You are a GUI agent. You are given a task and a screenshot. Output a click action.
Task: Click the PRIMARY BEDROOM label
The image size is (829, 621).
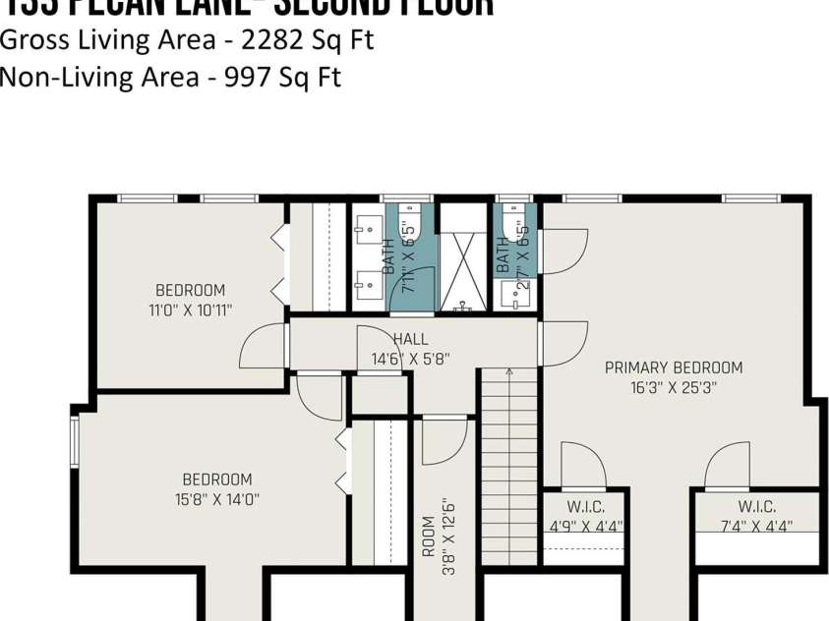pyautogui.click(x=674, y=367)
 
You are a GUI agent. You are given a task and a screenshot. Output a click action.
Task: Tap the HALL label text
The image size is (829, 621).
pyautogui.click(x=410, y=339)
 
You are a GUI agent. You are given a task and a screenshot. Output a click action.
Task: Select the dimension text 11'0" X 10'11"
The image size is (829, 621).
pyautogui.click(x=190, y=310)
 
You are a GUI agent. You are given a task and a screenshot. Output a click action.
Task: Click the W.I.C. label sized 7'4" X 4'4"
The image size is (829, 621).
pyautogui.click(x=756, y=507)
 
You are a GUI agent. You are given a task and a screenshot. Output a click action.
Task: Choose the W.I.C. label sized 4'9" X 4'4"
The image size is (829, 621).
pyautogui.click(x=585, y=507)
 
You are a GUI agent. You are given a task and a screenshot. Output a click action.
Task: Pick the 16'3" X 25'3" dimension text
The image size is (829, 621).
pyautogui.click(x=674, y=387)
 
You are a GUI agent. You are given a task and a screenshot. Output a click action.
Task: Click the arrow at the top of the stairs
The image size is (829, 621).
pyautogui.click(x=509, y=371)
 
